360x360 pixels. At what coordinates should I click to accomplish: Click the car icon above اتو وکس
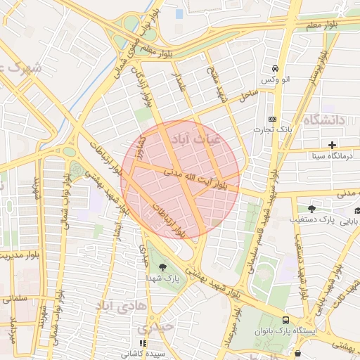(x=274, y=69)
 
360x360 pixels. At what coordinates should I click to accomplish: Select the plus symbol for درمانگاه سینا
(x=332, y=145)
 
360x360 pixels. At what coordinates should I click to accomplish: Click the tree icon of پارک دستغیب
(x=312, y=208)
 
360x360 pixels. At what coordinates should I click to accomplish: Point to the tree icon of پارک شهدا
(x=163, y=266)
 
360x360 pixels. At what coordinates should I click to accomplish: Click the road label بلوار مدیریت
(x=10, y=256)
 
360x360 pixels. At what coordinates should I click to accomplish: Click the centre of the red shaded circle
(x=180, y=179)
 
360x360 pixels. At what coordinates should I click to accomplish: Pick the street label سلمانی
(x=14, y=298)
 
